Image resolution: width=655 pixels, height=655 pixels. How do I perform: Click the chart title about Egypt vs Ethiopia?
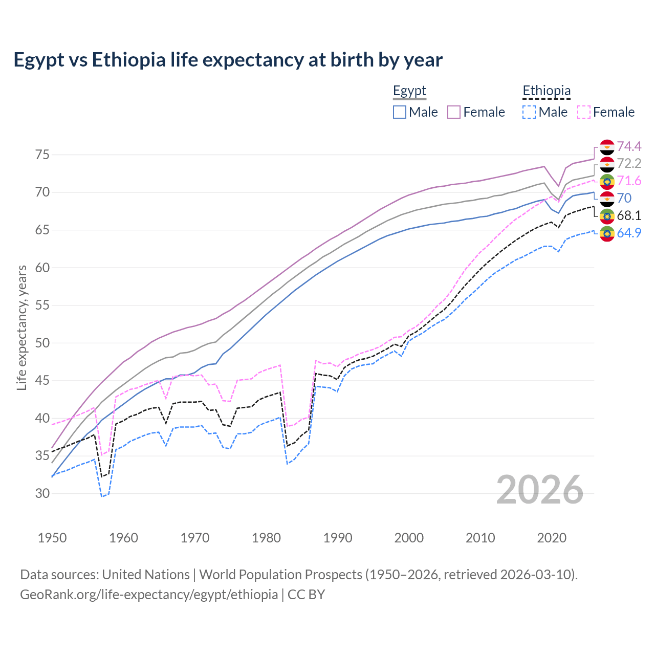(228, 60)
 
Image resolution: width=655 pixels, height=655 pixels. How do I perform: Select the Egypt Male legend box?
(400, 112)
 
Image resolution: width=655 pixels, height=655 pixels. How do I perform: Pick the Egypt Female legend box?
(454, 112)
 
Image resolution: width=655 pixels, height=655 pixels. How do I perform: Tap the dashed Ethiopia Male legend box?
(529, 112)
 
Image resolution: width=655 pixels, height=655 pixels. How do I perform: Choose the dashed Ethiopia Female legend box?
(584, 112)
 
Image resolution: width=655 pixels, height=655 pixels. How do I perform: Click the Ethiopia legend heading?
(547, 91)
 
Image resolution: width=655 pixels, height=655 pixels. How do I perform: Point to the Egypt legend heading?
(409, 91)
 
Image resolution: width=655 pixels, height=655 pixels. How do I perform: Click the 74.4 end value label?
(629, 147)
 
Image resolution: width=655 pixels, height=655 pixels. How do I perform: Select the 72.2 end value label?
(629, 164)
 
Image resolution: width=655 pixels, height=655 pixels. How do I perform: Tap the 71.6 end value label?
(629, 181)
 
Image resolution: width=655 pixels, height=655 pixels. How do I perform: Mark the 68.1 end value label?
(629, 215)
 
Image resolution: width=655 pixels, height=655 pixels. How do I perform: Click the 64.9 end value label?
(629, 233)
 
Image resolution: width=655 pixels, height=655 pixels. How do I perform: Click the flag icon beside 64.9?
(607, 233)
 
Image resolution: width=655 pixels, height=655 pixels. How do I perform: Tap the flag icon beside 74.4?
(607, 147)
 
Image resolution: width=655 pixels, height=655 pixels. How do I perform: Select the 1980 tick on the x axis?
(267, 538)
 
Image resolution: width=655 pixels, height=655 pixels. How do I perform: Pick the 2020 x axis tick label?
(552, 538)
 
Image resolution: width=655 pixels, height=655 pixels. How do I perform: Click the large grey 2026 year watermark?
(540, 490)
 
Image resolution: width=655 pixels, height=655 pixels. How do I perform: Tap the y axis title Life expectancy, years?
(22, 327)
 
